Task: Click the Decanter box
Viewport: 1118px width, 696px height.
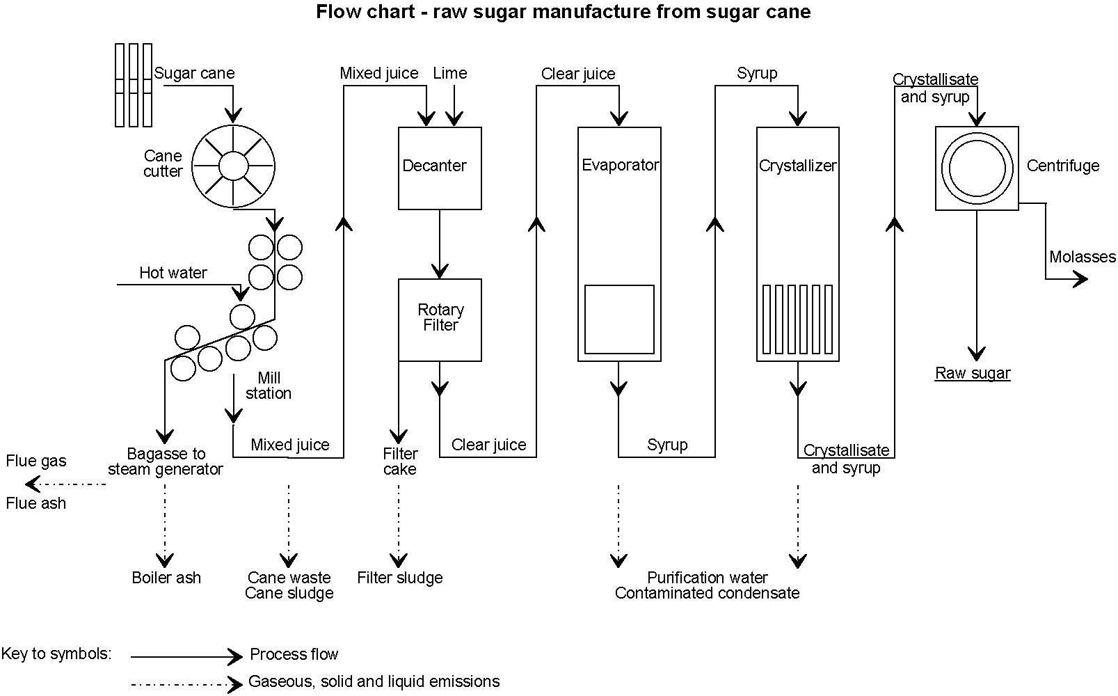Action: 440,168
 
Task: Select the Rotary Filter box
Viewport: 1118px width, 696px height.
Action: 440,319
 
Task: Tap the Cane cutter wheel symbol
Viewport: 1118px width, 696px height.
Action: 232,166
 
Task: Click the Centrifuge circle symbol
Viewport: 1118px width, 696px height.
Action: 977,168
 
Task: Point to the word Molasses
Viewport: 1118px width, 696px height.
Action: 1082,257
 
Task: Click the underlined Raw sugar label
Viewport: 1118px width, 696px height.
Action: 972,373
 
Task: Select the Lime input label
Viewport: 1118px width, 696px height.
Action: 449,73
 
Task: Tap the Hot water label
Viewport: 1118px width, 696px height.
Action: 173,273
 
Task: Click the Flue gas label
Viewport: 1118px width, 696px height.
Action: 36,461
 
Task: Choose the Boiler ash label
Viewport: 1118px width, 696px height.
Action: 166,578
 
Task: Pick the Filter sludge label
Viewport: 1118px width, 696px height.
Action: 399,578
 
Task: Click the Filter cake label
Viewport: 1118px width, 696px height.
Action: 400,461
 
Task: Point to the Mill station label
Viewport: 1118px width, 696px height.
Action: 269,386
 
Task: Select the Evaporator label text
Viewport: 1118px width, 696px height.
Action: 620,165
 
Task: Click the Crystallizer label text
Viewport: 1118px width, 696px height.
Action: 797,166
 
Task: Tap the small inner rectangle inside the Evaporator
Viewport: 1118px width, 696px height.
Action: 619,319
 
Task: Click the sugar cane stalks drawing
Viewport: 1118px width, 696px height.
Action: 134,85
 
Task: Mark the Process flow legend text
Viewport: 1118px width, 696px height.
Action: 294,654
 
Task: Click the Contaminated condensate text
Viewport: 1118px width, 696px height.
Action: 707,593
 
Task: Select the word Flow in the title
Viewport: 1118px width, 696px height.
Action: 335,12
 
